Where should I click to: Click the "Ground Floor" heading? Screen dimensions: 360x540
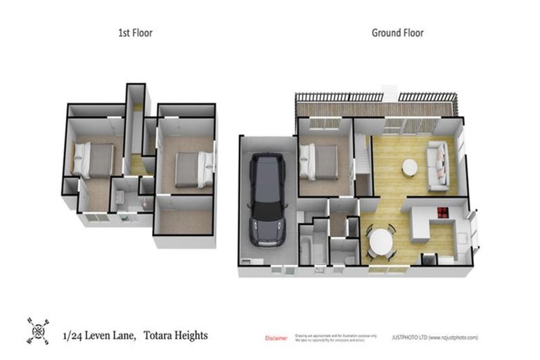[x=397, y=32]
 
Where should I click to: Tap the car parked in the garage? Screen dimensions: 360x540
[x=266, y=198]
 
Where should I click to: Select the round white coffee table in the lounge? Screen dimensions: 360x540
[x=409, y=167]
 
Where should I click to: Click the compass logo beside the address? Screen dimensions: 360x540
[x=39, y=330]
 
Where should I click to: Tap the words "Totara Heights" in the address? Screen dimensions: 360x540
[x=176, y=336]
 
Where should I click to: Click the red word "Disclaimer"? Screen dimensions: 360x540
[x=276, y=338]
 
